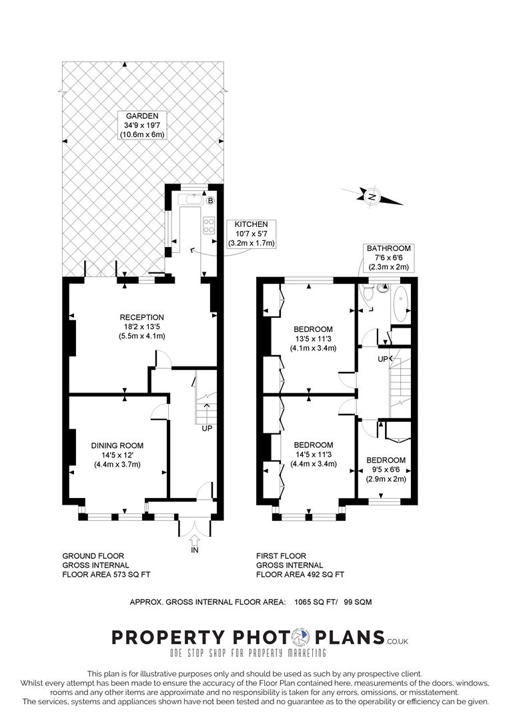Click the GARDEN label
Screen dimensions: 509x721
(142, 116)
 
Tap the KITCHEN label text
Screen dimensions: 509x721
(251, 224)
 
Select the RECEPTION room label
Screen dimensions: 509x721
(141, 317)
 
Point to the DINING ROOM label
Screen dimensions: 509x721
(117, 445)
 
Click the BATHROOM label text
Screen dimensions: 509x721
(389, 248)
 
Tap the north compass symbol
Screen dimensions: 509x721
(372, 197)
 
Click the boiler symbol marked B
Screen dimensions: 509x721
(210, 200)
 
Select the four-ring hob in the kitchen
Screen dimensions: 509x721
(209, 225)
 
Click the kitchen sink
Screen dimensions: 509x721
(189, 200)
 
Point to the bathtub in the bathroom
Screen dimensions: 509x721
(400, 304)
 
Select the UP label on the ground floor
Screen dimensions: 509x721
(207, 428)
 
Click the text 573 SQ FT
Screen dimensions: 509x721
(132, 574)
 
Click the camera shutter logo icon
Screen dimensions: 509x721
(302, 638)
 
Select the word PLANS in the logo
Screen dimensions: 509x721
(350, 638)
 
